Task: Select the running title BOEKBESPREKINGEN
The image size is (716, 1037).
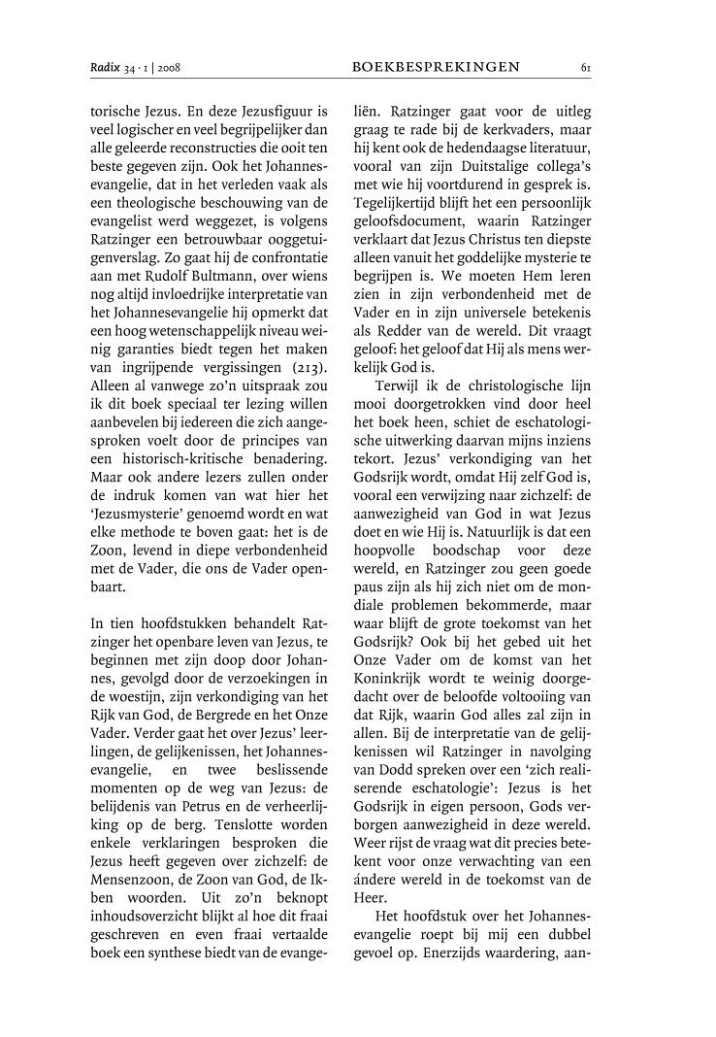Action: (x=436, y=68)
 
